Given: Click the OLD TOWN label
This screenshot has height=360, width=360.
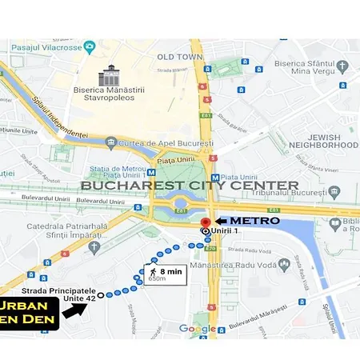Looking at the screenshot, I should tap(179, 57).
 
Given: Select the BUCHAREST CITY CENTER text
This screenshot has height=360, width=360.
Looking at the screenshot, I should tap(190, 186).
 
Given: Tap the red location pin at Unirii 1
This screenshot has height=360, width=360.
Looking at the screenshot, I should tap(205, 223).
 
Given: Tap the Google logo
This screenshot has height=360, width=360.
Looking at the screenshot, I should tap(197, 329).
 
